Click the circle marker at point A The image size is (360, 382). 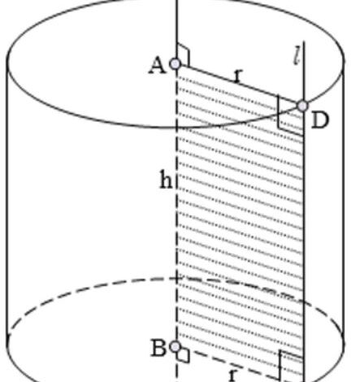(x=176, y=64)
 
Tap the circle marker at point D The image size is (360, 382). (x=302, y=106)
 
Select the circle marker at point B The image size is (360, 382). (x=176, y=347)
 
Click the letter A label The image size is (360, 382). (x=158, y=67)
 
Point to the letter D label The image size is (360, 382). (x=320, y=120)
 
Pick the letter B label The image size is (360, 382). (x=158, y=348)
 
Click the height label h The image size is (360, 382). (x=166, y=179)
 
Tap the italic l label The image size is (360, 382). (x=297, y=55)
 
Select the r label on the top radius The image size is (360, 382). (x=237, y=76)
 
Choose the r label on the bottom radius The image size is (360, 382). (x=233, y=375)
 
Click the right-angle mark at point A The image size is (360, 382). (x=183, y=54)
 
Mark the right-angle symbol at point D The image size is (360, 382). (x=290, y=115)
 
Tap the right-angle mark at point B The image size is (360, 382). (x=183, y=355)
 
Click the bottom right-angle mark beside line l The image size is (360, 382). (x=291, y=365)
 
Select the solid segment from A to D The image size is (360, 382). (x=239, y=85)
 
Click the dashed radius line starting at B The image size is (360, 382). (x=228, y=363)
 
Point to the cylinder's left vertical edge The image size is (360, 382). (x=7, y=201)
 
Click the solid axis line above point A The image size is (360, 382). (x=176, y=29)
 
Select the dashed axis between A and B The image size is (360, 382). (x=176, y=206)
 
